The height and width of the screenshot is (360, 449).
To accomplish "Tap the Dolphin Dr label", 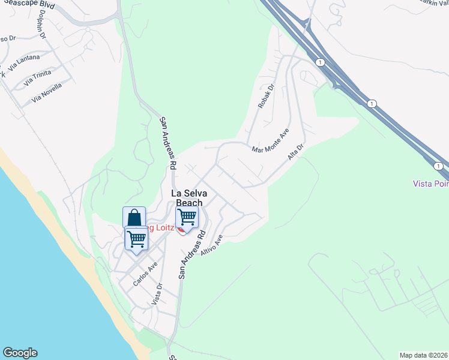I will [x=42, y=25].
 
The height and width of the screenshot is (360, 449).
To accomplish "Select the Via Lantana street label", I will [x=25, y=59].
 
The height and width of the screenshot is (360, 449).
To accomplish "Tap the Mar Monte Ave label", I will [x=271, y=140].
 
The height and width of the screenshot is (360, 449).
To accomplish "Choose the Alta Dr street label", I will [x=297, y=151].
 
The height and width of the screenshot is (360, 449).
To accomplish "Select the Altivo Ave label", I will [x=212, y=246].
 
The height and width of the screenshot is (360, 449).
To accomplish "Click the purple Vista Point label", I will [x=430, y=183].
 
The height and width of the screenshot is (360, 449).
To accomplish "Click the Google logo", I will [x=20, y=353].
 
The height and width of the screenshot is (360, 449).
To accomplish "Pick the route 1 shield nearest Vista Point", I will [x=439, y=166].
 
